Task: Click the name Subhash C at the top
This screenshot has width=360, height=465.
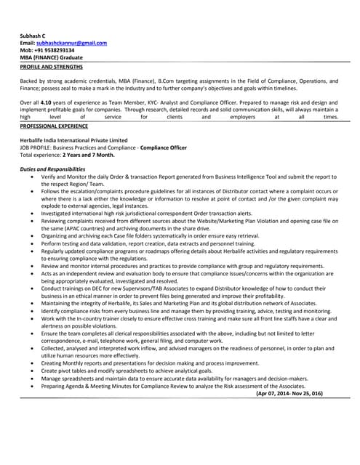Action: pyautogui.click(x=33, y=36)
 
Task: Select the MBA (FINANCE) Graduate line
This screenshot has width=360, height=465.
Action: pyautogui.click(x=51, y=57)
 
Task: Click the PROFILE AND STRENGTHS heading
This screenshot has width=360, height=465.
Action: pyautogui.click(x=51, y=66)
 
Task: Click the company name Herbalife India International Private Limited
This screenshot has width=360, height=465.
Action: pyautogui.click(x=73, y=140)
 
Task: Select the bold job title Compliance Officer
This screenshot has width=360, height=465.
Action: pyautogui.click(x=164, y=147)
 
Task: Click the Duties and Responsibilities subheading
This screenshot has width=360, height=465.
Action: pyautogui.click(x=52, y=169)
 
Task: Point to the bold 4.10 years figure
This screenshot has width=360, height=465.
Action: pyautogui.click(x=48, y=103)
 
